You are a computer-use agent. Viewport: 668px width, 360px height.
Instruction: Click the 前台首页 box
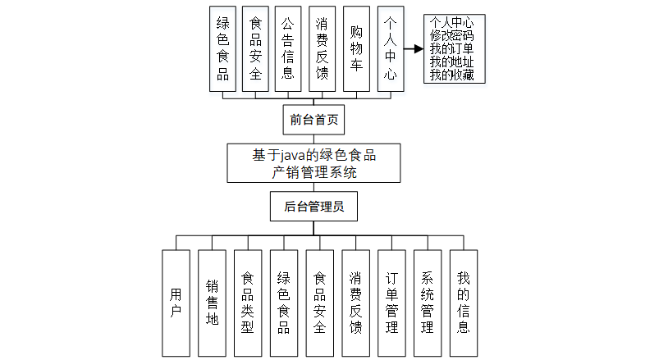point(313,120)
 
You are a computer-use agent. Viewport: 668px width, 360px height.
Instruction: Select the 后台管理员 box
point(313,207)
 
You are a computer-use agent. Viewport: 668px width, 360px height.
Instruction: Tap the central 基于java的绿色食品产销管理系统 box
point(314,162)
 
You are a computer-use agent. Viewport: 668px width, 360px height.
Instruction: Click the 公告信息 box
point(288,49)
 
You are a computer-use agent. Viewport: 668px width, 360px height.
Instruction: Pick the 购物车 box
point(355,49)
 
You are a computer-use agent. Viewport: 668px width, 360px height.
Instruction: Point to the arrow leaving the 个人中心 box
point(412,48)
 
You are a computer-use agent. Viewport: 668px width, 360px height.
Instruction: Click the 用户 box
point(176,303)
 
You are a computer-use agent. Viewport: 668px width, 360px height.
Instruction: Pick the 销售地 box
point(212,303)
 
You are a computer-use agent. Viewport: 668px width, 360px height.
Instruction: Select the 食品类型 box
point(247,303)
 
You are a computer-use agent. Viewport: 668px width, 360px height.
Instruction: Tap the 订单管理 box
point(391,303)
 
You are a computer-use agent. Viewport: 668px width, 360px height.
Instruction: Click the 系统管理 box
point(428,303)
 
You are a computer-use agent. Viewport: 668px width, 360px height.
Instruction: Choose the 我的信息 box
point(464,303)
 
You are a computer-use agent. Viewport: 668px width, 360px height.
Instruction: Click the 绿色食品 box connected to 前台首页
point(222,49)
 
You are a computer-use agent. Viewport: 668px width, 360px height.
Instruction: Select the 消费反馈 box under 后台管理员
point(355,303)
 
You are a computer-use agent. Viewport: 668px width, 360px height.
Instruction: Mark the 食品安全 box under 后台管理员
point(319,303)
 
